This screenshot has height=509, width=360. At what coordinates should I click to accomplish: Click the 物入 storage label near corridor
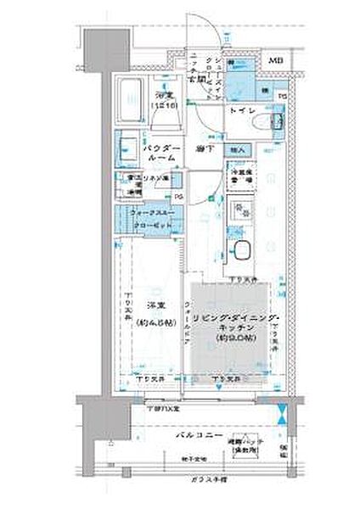[239, 150]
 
